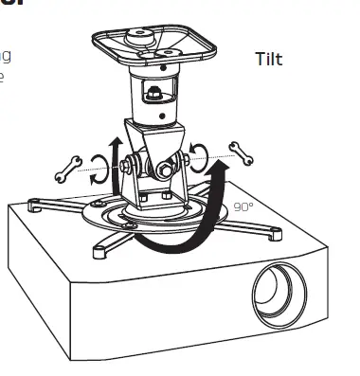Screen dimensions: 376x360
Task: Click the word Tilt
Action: pos(269,60)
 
